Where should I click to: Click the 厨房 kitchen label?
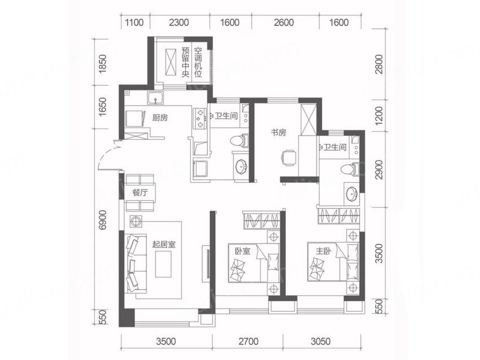pos(160,117)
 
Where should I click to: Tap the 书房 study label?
pos(278,133)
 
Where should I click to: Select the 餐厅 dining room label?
pos(140,192)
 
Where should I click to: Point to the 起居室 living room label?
pos(164,244)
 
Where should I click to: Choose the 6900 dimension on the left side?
pos(103,219)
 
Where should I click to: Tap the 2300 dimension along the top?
pos(179,23)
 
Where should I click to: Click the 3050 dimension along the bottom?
pos(321,341)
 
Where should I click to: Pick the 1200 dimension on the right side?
pos(379,116)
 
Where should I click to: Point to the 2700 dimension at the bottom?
pos(248,341)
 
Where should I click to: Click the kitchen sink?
pos(156,98)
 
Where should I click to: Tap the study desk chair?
pos(288,158)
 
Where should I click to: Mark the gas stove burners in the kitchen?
pos(200,118)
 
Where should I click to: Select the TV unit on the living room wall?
pos(206,264)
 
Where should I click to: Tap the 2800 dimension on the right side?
pos(379,64)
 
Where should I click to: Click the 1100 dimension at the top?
pos(134,23)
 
